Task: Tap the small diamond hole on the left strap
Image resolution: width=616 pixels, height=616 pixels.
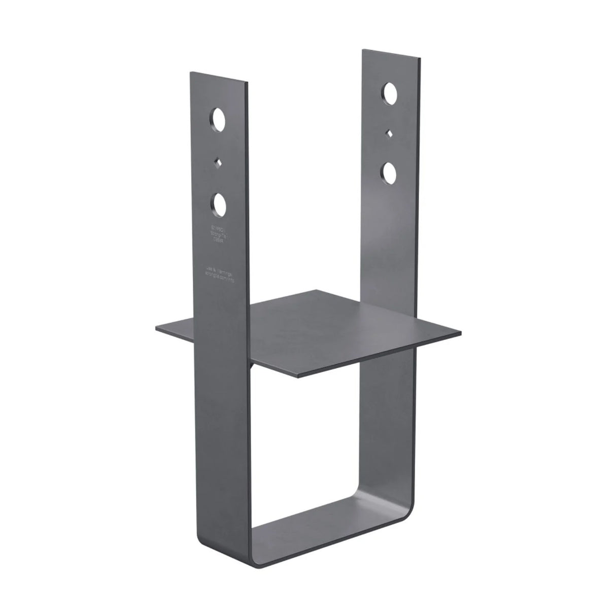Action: tap(218, 162)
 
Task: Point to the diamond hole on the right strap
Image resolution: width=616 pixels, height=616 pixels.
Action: tap(389, 133)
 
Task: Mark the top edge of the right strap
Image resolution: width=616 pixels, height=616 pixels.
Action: tap(391, 53)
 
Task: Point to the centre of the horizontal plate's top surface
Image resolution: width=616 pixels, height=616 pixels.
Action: tap(310, 332)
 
